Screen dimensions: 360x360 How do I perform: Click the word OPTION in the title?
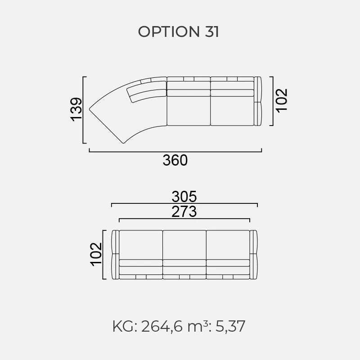pyautogui.click(x=169, y=31)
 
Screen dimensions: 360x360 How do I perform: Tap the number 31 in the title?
pyautogui.click(x=211, y=31)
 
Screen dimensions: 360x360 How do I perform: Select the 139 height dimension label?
pyautogui.click(x=76, y=109)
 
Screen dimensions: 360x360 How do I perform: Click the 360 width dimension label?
pyautogui.click(x=175, y=160)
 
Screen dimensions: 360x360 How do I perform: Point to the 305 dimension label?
pyautogui.click(x=184, y=197)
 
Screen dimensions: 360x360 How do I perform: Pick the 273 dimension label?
pyautogui.click(x=184, y=211)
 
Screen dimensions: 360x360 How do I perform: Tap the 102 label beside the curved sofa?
pyautogui.click(x=282, y=100)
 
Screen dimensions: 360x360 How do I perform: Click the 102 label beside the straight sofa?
pyautogui.click(x=96, y=254)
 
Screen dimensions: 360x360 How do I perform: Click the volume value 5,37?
pyautogui.click(x=230, y=326)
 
